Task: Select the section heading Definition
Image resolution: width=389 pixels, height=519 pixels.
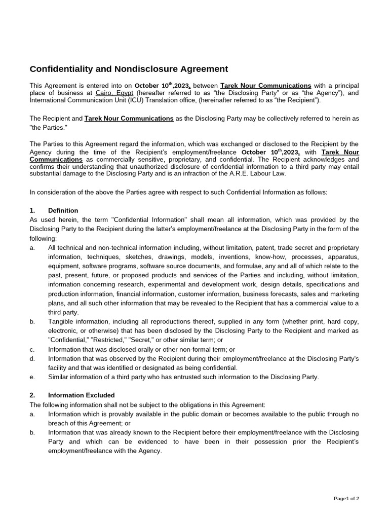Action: click(x=63, y=210)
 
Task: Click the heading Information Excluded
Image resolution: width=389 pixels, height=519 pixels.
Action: click(x=81, y=395)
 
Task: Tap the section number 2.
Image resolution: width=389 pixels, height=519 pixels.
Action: click(x=32, y=395)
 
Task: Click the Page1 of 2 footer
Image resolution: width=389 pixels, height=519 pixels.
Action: click(x=346, y=498)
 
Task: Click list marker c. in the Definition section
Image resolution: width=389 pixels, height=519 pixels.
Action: click(x=32, y=349)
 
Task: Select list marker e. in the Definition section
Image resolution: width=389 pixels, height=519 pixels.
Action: click(x=32, y=377)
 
